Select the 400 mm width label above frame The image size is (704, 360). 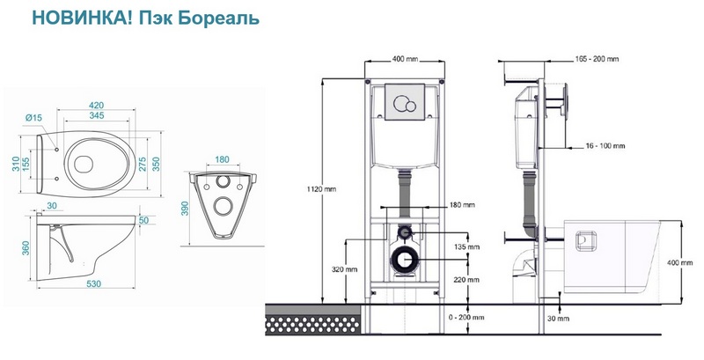(x=405, y=59)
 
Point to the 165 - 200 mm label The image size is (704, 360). (x=597, y=59)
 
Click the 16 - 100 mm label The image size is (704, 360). (x=605, y=146)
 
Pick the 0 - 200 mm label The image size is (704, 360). (x=466, y=318)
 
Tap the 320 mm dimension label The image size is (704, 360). (x=344, y=269)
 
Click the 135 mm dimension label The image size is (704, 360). (x=467, y=246)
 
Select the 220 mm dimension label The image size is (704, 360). (x=467, y=280)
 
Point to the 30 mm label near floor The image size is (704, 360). (x=558, y=319)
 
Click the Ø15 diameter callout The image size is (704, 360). (x=33, y=118)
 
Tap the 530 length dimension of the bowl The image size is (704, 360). (x=93, y=283)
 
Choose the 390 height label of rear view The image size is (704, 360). (x=185, y=209)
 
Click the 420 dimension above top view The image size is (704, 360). (x=96, y=106)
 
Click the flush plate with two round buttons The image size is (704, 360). (x=405, y=102)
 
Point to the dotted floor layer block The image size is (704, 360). (x=313, y=324)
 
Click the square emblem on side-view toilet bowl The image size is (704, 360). (x=586, y=241)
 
